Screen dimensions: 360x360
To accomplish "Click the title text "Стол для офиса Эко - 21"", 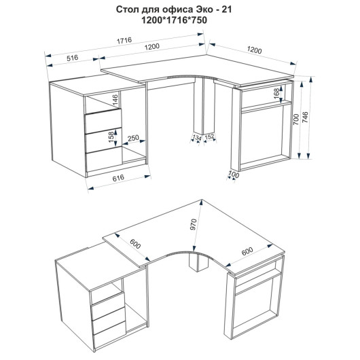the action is point(174,10).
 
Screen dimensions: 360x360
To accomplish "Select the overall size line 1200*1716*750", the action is point(174,20).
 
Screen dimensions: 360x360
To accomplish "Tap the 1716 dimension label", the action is point(124,41).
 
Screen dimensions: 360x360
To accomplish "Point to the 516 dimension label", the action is point(73,58).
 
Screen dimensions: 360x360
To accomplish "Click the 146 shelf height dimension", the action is point(115,100).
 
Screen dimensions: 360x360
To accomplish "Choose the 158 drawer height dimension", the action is point(111,137).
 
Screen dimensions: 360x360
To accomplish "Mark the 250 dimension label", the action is point(133,138).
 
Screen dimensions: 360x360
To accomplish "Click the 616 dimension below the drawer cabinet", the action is point(118,178).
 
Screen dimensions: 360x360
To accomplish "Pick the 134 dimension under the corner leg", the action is point(197,138).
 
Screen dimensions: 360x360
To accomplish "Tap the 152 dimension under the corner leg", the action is point(209,137).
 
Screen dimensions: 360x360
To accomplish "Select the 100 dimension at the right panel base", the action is point(234,175).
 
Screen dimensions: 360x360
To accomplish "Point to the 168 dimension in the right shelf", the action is point(276,94).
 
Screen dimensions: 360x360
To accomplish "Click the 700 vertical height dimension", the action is point(296,120).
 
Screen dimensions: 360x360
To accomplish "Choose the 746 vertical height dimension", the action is point(306,118).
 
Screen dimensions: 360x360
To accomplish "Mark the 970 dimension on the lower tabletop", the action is point(194,225).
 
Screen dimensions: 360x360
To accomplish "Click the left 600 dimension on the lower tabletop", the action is point(135,244).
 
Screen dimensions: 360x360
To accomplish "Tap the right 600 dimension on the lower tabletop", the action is point(247,251).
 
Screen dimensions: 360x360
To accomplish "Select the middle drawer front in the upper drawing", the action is point(103,141).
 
